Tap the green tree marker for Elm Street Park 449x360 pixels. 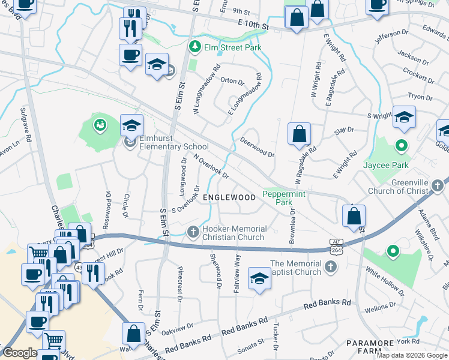(x=194, y=46)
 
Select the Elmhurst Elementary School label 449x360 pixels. (x=174, y=146)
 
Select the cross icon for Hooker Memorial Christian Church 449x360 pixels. (x=193, y=231)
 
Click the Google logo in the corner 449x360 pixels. (x=20, y=353)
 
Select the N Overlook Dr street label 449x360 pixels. (x=211, y=166)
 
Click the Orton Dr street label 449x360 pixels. (x=232, y=82)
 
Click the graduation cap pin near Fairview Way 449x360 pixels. (x=259, y=278)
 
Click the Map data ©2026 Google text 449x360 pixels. (x=412, y=355)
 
